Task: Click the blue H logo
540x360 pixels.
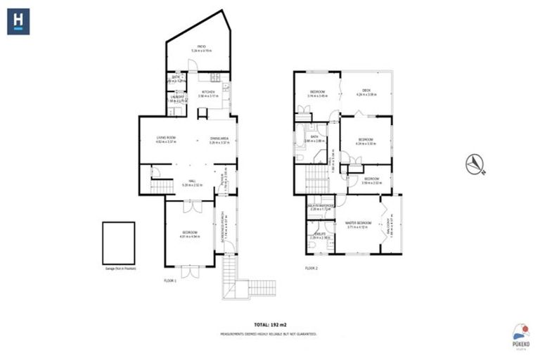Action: [20, 21]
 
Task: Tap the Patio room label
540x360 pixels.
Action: [201, 48]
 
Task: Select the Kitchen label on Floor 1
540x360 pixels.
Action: [208, 92]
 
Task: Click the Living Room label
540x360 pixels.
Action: [166, 138]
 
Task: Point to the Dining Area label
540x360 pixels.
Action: [219, 138]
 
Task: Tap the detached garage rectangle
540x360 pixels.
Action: [118, 242]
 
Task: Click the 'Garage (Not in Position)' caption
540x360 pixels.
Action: [118, 269]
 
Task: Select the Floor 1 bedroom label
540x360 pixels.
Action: [189, 233]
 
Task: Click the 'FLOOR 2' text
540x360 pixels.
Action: [311, 269]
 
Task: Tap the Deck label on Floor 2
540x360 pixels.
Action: [366, 91]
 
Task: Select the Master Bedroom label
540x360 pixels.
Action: [357, 224]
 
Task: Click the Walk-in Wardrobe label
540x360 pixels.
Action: [321, 205]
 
